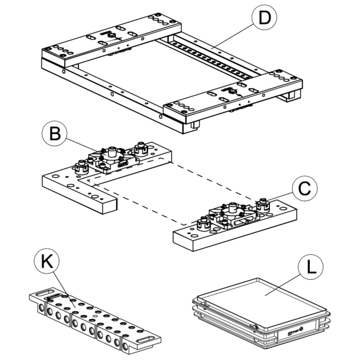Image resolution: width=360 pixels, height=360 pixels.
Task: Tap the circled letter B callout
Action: click(x=55, y=133)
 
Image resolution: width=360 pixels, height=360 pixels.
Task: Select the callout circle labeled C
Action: click(x=304, y=189)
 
